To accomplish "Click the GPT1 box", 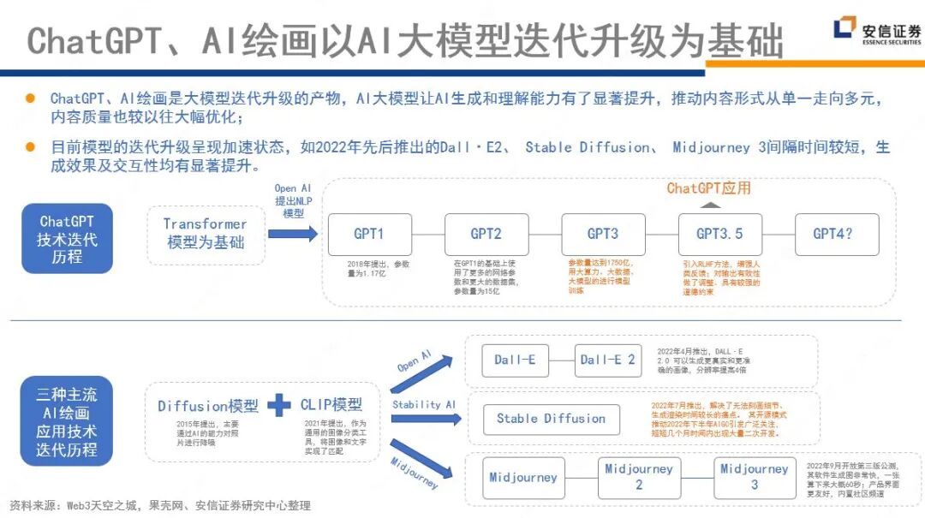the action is click(369, 234).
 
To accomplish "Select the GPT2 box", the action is click(486, 234).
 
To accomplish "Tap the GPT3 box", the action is click(603, 234).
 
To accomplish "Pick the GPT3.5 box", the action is click(719, 234).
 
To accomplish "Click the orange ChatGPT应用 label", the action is click(708, 188).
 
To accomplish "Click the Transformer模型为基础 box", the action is click(205, 233).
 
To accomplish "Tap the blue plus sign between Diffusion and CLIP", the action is click(279, 405).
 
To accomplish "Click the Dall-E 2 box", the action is click(607, 360).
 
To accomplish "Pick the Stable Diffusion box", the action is click(551, 419).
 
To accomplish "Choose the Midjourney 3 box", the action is click(754, 477).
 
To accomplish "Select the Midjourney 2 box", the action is click(638, 477).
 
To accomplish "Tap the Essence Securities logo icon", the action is click(844, 28).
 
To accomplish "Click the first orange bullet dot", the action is click(30, 98).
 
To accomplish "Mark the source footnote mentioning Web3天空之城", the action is click(160, 505).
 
